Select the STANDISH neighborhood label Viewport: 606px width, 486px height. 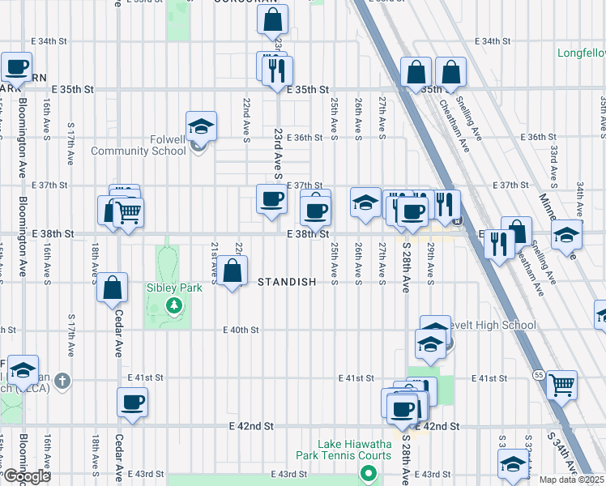tap(298, 282)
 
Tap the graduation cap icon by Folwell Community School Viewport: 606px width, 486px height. tap(201, 127)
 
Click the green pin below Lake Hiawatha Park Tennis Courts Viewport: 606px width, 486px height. tap(369, 474)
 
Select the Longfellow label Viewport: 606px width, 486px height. tap(581, 54)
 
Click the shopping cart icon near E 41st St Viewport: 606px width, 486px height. tap(561, 383)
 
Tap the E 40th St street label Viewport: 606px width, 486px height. tap(241, 330)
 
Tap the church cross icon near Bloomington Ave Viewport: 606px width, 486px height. tap(64, 380)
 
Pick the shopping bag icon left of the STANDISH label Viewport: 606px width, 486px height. tap(233, 271)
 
